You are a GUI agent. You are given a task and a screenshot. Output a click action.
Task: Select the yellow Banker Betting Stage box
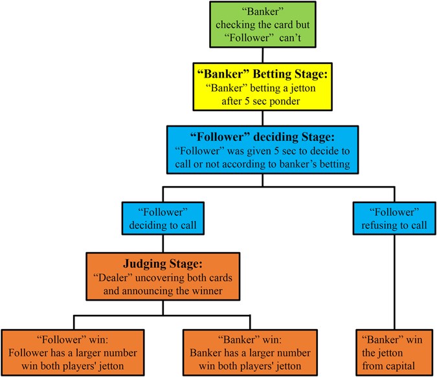coord(262,87)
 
